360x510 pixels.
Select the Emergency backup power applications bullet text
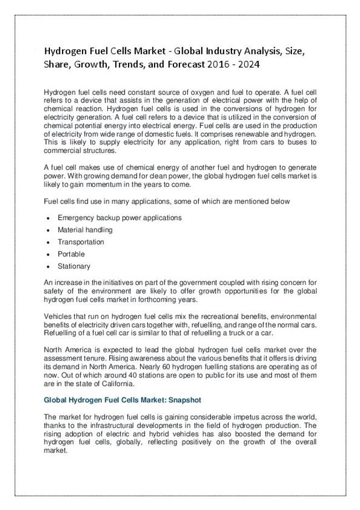tap(119, 217)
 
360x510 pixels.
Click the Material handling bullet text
tap(85, 229)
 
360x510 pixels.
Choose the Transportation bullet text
tap(81, 242)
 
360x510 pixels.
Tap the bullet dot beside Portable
tap(50, 254)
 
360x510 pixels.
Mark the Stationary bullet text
tap(74, 266)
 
